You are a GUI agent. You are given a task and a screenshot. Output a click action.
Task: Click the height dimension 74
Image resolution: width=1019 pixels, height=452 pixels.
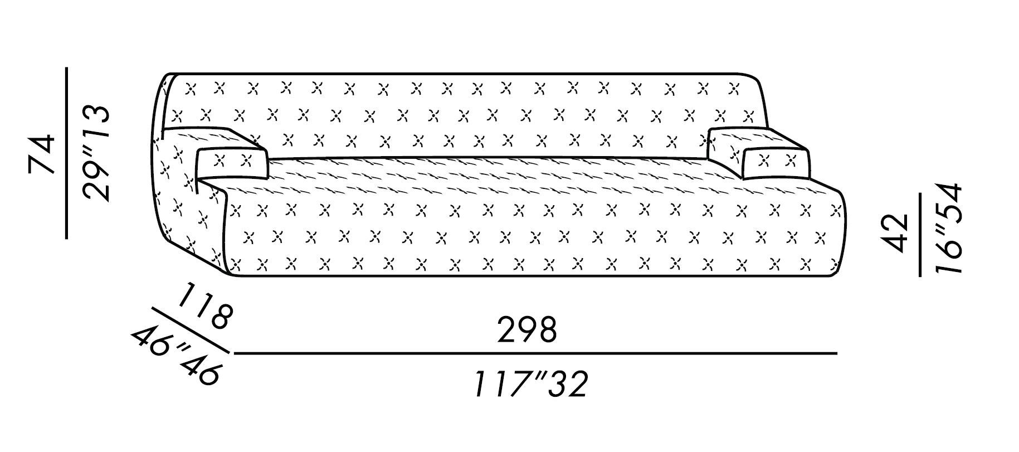pos(43,153)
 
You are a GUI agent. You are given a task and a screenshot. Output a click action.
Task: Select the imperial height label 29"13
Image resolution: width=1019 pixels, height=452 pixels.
pos(95,153)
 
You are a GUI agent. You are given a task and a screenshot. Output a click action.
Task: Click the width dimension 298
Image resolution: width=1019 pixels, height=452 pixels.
pos(526,331)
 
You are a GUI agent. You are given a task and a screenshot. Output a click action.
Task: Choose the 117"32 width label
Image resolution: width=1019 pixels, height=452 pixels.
pos(530,384)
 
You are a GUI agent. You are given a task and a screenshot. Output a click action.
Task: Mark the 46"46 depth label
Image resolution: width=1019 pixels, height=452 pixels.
pos(175,357)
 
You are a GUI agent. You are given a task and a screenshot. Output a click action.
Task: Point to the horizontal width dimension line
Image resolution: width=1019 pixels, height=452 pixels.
pos(535,353)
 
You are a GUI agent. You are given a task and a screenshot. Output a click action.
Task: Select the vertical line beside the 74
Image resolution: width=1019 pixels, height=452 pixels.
pos(66,153)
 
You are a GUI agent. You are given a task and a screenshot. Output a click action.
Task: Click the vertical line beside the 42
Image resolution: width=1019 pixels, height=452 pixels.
pos(920,234)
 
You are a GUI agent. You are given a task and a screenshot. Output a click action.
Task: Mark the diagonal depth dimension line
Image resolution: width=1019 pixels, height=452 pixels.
pos(189,330)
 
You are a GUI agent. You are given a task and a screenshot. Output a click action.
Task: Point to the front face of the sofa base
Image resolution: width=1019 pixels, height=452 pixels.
pos(529,240)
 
